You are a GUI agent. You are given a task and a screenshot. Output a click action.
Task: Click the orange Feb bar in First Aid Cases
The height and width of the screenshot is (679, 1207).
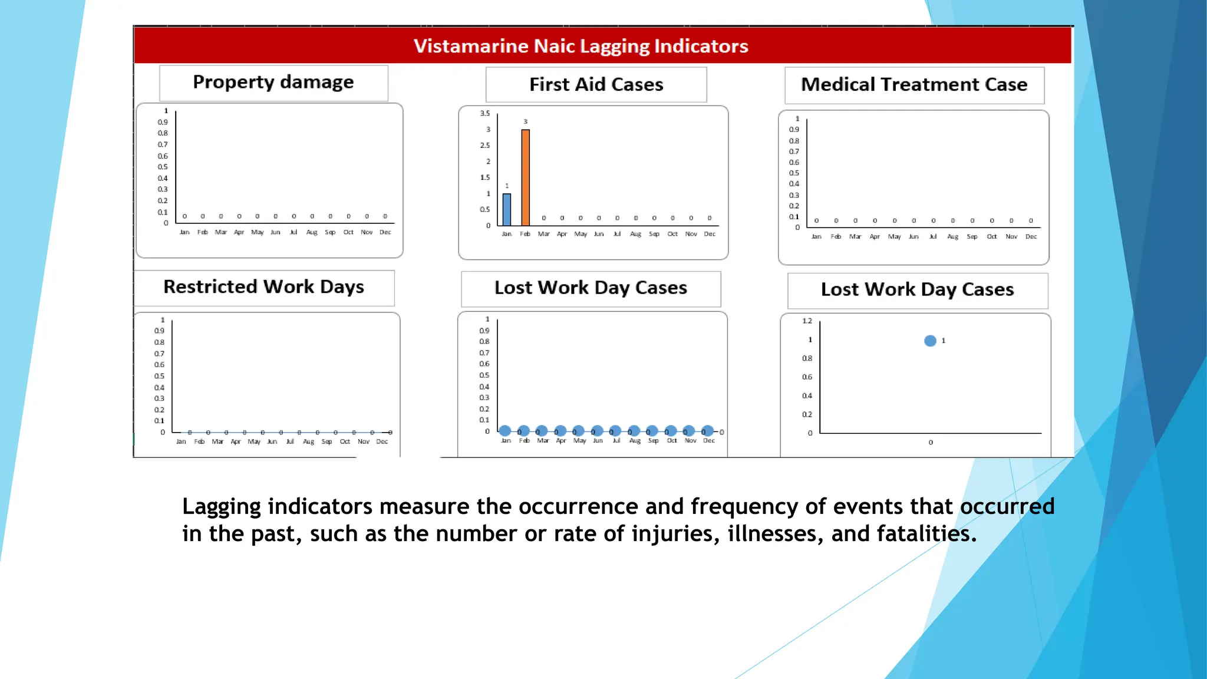pos(525,177)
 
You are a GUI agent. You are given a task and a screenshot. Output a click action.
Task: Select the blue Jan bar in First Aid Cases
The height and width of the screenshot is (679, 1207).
pos(507,209)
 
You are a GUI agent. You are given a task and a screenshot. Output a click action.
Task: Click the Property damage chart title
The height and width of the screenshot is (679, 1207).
pos(273,83)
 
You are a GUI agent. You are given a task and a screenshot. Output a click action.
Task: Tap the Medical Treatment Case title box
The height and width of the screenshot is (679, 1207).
pos(914,85)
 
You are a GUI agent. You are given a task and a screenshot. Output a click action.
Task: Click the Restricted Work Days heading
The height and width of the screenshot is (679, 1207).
pos(263,287)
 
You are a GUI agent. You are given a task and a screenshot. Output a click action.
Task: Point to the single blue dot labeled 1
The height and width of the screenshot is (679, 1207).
pos(930,341)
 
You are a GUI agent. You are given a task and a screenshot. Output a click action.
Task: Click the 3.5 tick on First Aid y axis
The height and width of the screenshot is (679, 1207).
pos(484,113)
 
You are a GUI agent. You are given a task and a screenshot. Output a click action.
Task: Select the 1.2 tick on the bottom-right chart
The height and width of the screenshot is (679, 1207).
pos(807,321)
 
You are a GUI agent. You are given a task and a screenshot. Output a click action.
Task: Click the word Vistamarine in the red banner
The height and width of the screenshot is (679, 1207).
pos(470,46)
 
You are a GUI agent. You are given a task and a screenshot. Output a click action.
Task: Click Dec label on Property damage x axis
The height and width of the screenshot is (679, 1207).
pos(385,232)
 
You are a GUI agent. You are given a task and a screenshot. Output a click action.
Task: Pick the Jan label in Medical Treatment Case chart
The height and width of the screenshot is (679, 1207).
pos(816,236)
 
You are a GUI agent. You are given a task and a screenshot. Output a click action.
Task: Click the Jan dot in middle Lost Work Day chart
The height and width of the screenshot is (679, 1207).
pos(505,431)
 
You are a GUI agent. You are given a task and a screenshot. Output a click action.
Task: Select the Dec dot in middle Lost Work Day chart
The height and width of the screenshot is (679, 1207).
pos(708,431)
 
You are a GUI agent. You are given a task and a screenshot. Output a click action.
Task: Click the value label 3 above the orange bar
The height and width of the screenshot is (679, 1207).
pos(525,121)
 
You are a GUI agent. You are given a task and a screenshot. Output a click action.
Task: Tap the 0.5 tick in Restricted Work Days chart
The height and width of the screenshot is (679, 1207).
pos(159,376)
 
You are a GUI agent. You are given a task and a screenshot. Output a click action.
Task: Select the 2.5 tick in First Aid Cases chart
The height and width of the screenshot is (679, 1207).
pos(484,145)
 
